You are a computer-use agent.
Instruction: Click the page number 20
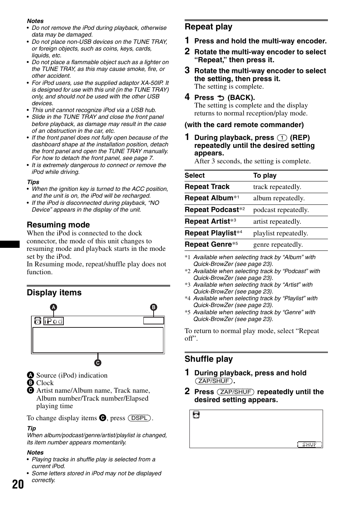click(x=18, y=484)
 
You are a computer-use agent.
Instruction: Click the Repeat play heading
click(x=208, y=27)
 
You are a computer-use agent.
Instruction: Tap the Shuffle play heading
click(x=208, y=359)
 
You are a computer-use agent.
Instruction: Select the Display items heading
click(x=54, y=293)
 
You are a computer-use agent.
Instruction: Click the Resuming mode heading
click(x=58, y=225)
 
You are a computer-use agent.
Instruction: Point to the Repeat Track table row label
click(x=207, y=187)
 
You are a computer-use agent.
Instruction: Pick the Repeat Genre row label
click(x=208, y=244)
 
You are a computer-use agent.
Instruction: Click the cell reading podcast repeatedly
click(x=281, y=210)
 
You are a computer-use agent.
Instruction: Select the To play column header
click(x=265, y=175)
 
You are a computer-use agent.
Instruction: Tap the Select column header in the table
click(x=194, y=175)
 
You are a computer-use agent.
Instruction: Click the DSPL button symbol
click(x=139, y=418)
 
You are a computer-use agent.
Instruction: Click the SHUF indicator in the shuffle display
click(x=309, y=444)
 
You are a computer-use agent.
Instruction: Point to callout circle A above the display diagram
click(x=54, y=307)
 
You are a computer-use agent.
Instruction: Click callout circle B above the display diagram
click(x=154, y=307)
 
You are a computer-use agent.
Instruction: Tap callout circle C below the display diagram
click(x=98, y=363)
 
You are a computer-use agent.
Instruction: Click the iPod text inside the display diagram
click(x=53, y=321)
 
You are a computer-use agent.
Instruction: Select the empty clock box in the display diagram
click(x=154, y=321)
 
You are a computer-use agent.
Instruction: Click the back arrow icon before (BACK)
click(x=221, y=98)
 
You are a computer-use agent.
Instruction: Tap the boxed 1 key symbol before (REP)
click(x=282, y=138)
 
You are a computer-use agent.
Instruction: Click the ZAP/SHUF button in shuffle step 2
click(x=235, y=392)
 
